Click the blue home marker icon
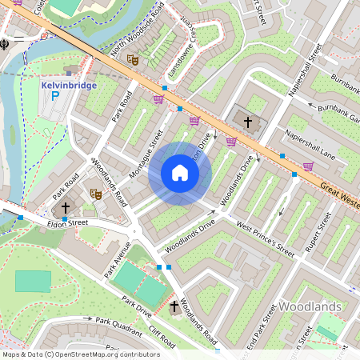180,174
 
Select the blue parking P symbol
55,97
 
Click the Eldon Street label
68,223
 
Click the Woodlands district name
310,306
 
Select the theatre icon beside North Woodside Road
133,59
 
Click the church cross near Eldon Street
65,206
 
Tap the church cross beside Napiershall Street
248,122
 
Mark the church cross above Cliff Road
174,306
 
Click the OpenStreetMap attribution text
81,354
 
